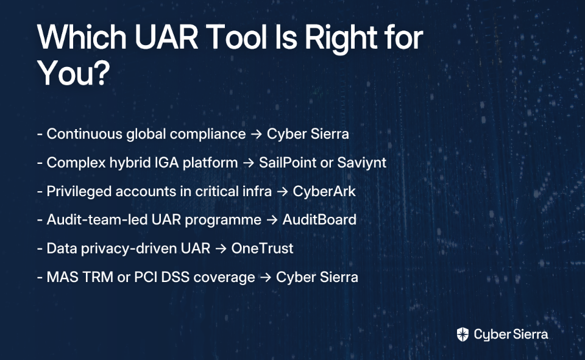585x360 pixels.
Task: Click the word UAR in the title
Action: point(166,37)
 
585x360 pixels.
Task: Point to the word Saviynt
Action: point(361,163)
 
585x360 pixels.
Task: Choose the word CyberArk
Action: point(324,191)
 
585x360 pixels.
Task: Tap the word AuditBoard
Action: point(319,220)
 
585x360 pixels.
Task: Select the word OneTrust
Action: point(262,249)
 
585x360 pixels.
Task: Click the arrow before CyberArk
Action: point(282,192)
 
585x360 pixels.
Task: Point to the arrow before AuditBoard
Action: point(272,220)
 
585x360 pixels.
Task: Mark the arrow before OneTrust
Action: point(221,249)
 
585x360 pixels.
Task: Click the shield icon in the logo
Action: point(463,334)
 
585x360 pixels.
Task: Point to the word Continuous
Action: point(84,134)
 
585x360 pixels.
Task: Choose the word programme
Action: point(223,220)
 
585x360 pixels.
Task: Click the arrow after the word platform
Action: point(249,163)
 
